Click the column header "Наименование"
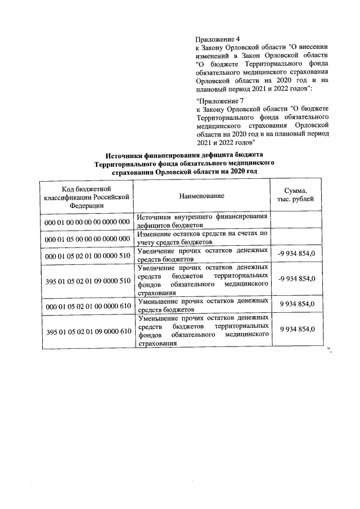click(x=202, y=196)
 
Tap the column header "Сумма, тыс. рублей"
click(x=296, y=196)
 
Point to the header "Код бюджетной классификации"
click(x=87, y=191)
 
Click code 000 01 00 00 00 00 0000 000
click(x=87, y=222)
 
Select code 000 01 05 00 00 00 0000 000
click(x=87, y=238)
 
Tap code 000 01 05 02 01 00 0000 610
click(x=87, y=305)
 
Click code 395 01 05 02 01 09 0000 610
click(x=87, y=330)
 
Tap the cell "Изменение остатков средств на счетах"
click(x=202, y=237)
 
